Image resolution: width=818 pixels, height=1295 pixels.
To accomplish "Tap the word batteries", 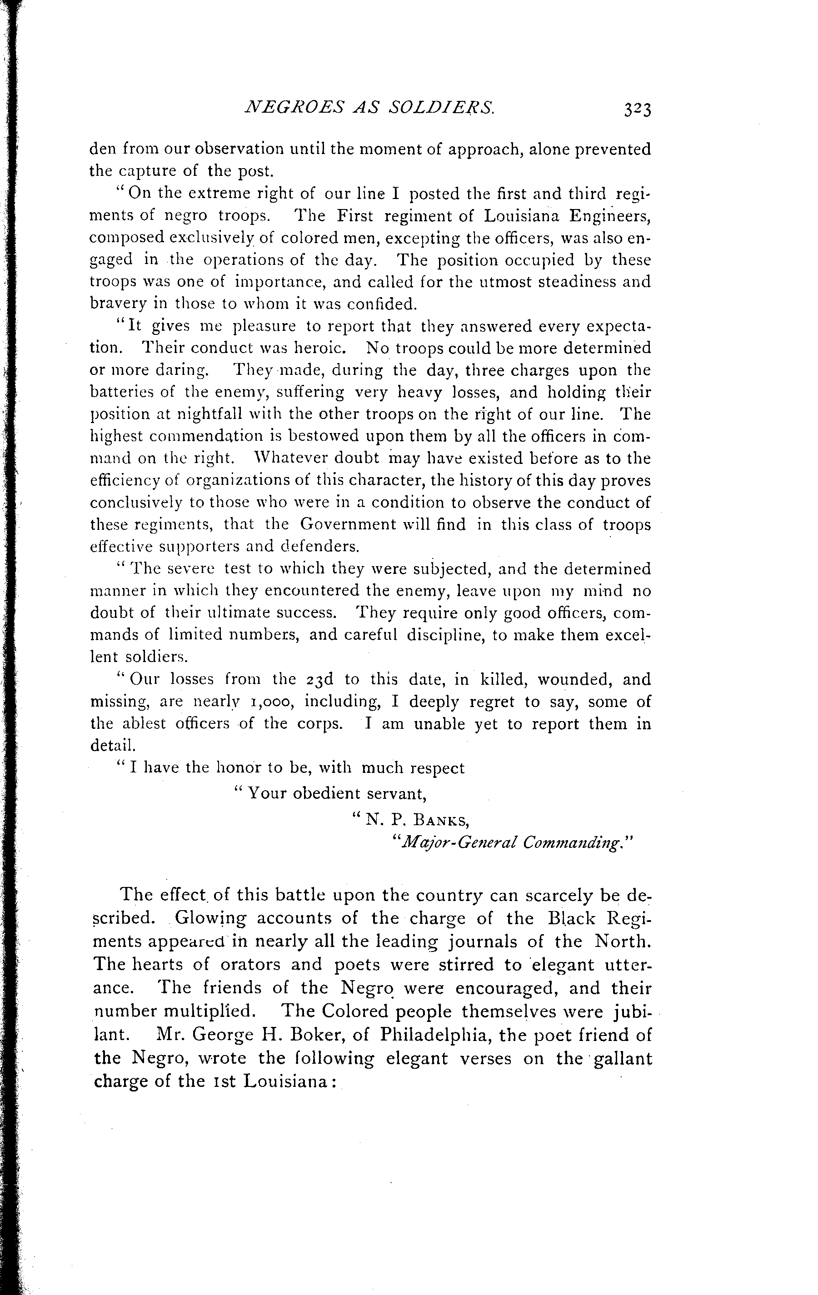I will pos(124,392).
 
